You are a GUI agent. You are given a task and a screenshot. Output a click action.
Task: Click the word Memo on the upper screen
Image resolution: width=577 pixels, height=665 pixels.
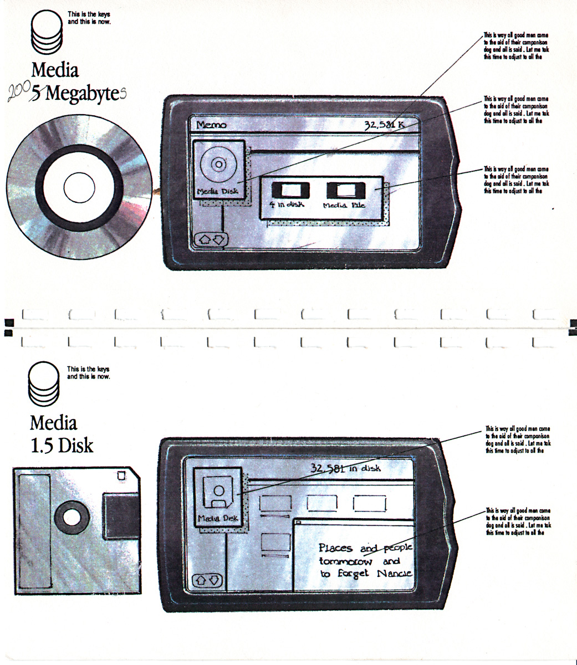coord(211,125)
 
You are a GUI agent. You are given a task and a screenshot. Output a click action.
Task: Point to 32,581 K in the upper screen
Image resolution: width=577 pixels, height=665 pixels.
coord(384,124)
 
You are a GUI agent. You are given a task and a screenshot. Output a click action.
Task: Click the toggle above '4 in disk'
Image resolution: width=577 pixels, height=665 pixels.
coord(289,191)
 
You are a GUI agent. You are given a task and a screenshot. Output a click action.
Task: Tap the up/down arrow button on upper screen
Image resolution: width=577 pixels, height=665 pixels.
coord(212,239)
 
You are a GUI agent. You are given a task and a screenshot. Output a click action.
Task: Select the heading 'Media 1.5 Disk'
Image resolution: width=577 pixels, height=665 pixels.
coord(61,434)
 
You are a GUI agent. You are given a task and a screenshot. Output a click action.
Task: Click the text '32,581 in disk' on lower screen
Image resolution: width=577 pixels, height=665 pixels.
coord(345,469)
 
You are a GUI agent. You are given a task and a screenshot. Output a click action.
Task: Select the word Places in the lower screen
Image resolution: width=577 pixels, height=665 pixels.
coord(336,548)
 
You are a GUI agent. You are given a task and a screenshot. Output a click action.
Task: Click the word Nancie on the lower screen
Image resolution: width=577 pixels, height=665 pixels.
coord(394,573)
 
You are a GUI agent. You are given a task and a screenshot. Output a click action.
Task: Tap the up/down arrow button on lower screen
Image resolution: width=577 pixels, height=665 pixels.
coord(207,580)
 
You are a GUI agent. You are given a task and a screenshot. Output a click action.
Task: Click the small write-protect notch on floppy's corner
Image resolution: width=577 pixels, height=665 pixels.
coord(121,475)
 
